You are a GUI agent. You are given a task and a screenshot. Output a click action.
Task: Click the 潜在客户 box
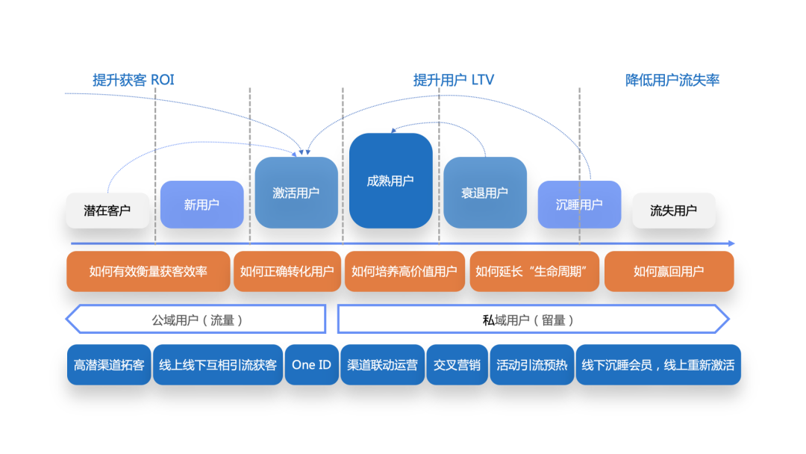pyautogui.click(x=107, y=211)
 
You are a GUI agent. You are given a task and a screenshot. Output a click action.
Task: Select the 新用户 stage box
pyautogui.click(x=201, y=205)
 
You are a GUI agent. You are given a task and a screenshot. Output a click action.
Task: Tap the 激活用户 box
pyautogui.click(x=296, y=193)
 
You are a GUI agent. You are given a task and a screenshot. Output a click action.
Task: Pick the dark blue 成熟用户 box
pyautogui.click(x=390, y=181)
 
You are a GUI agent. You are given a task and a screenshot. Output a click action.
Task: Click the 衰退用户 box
pyautogui.click(x=485, y=193)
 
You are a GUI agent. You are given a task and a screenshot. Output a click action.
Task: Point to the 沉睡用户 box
pyautogui.click(x=579, y=205)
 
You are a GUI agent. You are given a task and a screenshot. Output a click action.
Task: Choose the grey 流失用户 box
pyautogui.click(x=673, y=211)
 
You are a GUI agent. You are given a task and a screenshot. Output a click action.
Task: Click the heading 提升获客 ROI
pyautogui.click(x=134, y=81)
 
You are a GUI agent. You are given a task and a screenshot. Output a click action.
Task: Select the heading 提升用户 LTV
pyautogui.click(x=454, y=81)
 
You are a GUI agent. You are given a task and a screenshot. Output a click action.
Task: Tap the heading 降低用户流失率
pyautogui.click(x=672, y=81)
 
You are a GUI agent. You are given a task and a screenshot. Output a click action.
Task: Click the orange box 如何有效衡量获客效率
pyautogui.click(x=148, y=271)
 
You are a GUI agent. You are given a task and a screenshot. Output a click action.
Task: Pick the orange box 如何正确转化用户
pyautogui.click(x=287, y=271)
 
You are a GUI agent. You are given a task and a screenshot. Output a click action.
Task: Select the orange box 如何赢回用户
pyautogui.click(x=669, y=271)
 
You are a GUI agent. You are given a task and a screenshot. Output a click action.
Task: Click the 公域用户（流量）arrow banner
pyautogui.click(x=196, y=320)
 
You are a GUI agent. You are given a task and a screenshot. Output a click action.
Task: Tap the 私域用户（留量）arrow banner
pyautogui.click(x=532, y=320)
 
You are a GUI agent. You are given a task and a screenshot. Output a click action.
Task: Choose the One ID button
pyautogui.click(x=311, y=365)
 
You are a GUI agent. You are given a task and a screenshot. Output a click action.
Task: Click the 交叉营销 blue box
pyautogui.click(x=457, y=365)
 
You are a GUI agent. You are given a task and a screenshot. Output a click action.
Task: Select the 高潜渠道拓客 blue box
pyautogui.click(x=109, y=365)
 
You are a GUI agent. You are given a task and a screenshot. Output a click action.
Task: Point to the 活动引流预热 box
pyautogui.click(x=531, y=365)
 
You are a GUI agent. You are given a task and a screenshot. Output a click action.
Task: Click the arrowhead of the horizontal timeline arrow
pyautogui.click(x=731, y=243)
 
